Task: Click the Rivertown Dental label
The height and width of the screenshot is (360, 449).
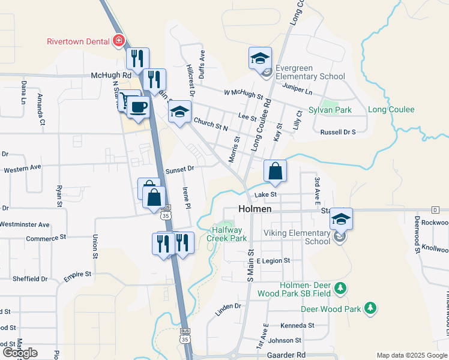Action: click(79, 41)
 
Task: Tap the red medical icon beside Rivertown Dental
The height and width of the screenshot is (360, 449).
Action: click(119, 41)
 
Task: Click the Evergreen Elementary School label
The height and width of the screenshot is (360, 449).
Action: click(310, 72)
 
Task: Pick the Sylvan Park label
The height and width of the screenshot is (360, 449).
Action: click(330, 110)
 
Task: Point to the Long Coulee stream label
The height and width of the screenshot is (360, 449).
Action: click(391, 110)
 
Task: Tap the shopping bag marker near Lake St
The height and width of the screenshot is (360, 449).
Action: click(275, 172)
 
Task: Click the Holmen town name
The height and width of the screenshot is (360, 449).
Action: click(255, 209)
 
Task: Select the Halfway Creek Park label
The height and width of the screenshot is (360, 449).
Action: click(227, 234)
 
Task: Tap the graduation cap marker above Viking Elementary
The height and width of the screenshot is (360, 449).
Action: click(341, 219)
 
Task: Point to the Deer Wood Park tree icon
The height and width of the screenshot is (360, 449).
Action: click(371, 308)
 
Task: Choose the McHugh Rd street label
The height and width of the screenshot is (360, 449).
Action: click(111, 76)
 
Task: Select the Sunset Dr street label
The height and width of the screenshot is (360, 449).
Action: click(180, 169)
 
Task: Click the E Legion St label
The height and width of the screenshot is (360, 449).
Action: click(273, 261)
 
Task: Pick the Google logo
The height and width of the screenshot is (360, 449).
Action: click(20, 353)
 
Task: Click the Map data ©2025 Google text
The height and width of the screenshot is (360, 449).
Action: click(411, 356)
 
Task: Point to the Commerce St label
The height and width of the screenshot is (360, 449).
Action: click(46, 238)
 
